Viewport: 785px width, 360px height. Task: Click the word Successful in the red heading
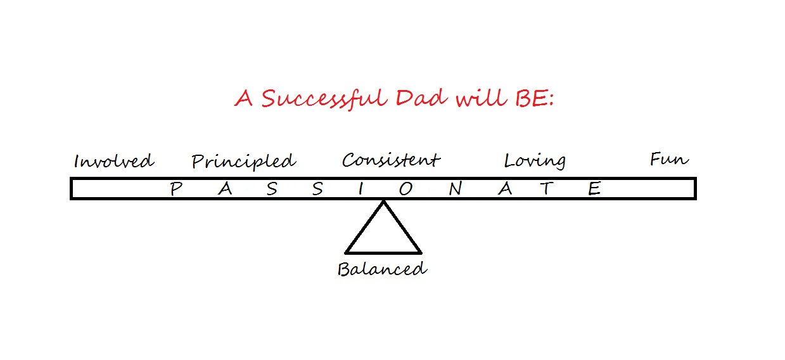coord(324,98)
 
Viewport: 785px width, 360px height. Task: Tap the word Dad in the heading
coord(421,98)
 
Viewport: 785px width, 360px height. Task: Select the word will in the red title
coord(481,98)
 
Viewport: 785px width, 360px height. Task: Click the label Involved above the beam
coord(114,161)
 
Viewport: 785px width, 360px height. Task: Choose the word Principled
coord(244,162)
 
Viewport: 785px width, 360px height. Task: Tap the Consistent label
coord(391,160)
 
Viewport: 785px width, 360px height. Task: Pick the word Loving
coord(535,161)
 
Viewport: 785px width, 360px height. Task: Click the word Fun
coord(669,159)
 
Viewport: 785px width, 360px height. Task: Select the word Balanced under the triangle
coord(382,269)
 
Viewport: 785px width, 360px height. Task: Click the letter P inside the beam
coord(176,189)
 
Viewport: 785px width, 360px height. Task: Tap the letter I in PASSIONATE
coord(361,189)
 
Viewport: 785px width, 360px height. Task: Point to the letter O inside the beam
coord(406,189)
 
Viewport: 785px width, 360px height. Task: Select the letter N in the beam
coord(456,189)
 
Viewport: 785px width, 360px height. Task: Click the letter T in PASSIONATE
coord(547,188)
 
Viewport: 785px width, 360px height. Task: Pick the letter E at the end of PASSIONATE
coord(594,188)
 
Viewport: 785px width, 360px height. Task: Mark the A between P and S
coord(225,189)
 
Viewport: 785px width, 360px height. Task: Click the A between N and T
coord(505,189)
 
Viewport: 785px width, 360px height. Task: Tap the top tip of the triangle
coord(383,201)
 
